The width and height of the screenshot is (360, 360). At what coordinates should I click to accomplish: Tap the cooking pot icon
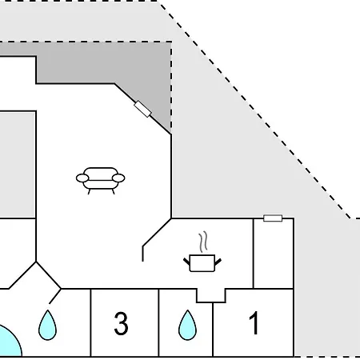click(202, 263)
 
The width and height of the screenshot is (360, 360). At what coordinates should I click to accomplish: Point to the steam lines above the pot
click(203, 242)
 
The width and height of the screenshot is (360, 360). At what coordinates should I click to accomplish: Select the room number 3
click(121, 323)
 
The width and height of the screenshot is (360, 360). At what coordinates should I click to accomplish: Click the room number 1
click(254, 322)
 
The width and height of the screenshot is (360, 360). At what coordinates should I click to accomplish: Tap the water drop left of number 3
click(47, 325)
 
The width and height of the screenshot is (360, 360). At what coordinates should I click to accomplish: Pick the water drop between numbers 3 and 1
click(187, 325)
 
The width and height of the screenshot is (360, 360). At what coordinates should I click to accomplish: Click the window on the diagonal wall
click(142, 109)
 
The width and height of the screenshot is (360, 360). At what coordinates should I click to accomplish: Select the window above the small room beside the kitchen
click(273, 218)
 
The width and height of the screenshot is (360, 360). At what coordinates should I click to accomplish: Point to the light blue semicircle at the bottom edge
click(10, 342)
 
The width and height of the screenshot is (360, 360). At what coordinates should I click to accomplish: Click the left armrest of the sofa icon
click(82, 178)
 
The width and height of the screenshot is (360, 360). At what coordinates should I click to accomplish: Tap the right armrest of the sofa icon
click(118, 178)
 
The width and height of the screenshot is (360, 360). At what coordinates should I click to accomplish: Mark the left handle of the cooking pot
click(186, 262)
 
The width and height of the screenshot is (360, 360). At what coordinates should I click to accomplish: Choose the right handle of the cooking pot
click(218, 262)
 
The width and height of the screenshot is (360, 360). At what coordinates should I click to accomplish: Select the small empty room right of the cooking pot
click(274, 254)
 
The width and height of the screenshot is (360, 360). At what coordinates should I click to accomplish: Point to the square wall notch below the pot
click(211, 295)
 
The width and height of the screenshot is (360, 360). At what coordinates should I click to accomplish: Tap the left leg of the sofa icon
click(89, 191)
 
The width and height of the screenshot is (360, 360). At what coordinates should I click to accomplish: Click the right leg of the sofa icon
click(114, 191)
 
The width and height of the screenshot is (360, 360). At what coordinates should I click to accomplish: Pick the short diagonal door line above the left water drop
click(55, 296)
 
